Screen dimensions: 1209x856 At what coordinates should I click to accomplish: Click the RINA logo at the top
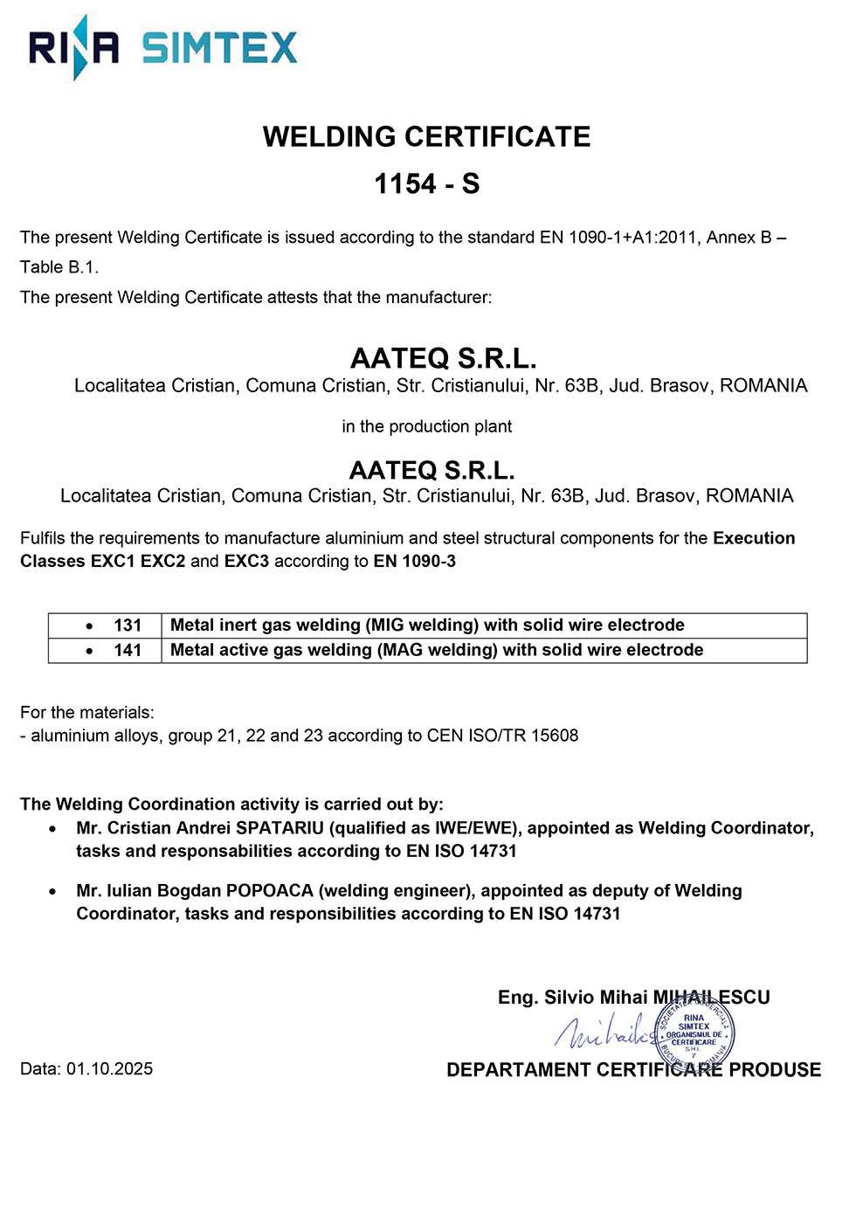[x=73, y=47]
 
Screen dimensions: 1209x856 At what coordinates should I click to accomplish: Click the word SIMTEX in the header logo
[x=219, y=48]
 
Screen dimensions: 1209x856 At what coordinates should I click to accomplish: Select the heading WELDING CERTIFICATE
[x=426, y=137]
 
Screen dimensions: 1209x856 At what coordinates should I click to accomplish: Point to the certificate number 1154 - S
[x=426, y=184]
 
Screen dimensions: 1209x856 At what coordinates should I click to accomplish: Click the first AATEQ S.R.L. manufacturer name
[x=443, y=358]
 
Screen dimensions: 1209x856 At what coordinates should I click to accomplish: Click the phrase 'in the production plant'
[x=426, y=426]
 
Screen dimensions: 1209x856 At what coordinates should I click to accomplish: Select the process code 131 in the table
[x=128, y=625]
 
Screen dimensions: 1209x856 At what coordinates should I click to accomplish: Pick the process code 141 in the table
[x=128, y=650]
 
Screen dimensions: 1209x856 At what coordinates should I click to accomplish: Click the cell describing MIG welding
[x=427, y=625]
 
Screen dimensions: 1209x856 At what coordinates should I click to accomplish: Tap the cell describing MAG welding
[x=437, y=650]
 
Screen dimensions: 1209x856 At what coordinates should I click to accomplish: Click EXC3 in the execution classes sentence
[x=246, y=561]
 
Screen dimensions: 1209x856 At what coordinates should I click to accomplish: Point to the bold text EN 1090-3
[x=414, y=561]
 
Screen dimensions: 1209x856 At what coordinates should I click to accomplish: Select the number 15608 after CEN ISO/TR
[x=555, y=736]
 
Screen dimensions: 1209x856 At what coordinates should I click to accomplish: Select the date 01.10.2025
[x=109, y=1069]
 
